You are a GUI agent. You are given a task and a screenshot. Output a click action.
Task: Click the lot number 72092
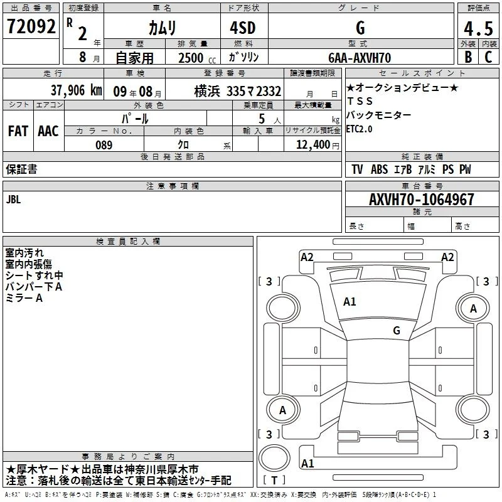click(31, 26)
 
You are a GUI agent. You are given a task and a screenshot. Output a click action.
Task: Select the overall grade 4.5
click(478, 28)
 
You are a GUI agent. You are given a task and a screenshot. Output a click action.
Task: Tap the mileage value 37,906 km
click(76, 90)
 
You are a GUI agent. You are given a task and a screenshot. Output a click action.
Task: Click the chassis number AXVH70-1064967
click(421, 200)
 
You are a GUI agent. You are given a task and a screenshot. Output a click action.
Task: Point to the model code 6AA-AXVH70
click(360, 58)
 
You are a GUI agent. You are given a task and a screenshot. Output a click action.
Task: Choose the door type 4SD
click(243, 28)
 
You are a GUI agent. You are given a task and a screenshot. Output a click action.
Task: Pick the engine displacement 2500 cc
click(197, 58)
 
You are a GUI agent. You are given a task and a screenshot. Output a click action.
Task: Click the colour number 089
click(104, 145)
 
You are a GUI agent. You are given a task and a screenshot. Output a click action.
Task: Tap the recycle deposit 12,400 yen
click(318, 145)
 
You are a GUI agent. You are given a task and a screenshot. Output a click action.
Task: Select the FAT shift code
click(18, 131)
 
